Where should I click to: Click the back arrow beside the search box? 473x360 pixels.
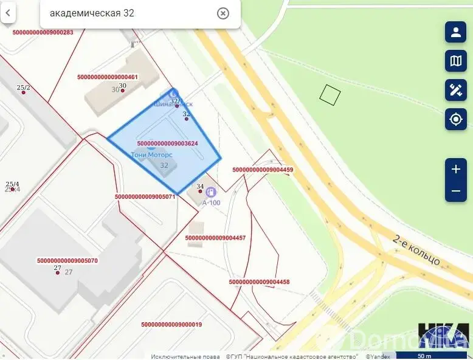coord(8,13)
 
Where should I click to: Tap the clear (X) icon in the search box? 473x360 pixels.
coord(223,13)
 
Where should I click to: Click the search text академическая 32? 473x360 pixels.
coord(92,13)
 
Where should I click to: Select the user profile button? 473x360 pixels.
coord(455,32)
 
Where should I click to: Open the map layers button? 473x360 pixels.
coord(455,60)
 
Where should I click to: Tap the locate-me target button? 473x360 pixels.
coord(455,119)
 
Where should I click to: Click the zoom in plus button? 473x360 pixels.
coord(455,169)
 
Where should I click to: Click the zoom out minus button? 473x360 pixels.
coord(455,191)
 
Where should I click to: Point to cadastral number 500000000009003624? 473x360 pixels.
coord(167,144)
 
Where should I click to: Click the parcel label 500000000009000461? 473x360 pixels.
coord(108,77)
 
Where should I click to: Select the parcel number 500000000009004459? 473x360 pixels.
coord(263,170)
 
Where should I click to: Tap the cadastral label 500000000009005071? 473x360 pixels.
coord(145,196)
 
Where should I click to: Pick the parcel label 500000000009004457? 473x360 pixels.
coord(215,238)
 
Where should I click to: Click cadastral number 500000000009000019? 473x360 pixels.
coord(171,325)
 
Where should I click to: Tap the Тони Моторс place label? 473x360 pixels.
coord(152,154)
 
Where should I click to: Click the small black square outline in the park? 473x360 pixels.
coord(330,94)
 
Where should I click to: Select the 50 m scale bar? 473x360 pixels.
coord(425,356)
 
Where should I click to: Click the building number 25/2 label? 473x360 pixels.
coord(23,88)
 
